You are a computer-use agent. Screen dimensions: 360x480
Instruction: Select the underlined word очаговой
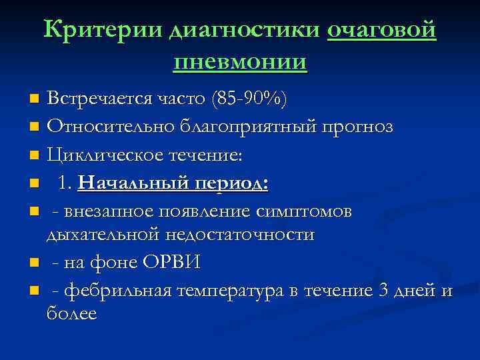[x=382, y=30]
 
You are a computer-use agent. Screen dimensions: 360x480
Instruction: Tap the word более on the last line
[x=72, y=314]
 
